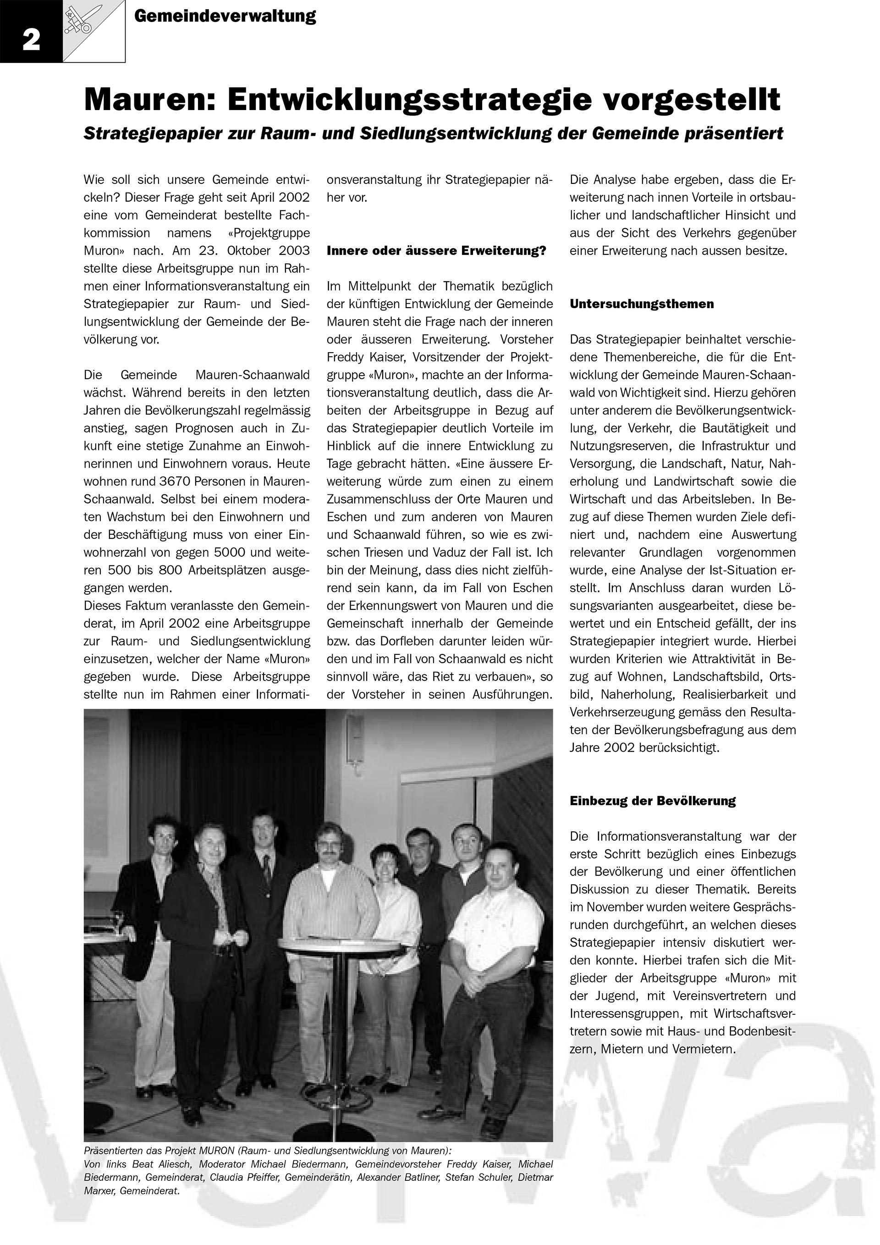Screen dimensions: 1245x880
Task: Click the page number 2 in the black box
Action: (x=31, y=39)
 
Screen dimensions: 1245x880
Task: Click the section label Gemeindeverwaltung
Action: (x=225, y=16)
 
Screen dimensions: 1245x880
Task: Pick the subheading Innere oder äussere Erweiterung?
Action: (x=436, y=251)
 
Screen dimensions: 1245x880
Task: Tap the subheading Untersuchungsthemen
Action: (x=642, y=304)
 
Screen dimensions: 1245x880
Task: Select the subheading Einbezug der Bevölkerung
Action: (x=652, y=801)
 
